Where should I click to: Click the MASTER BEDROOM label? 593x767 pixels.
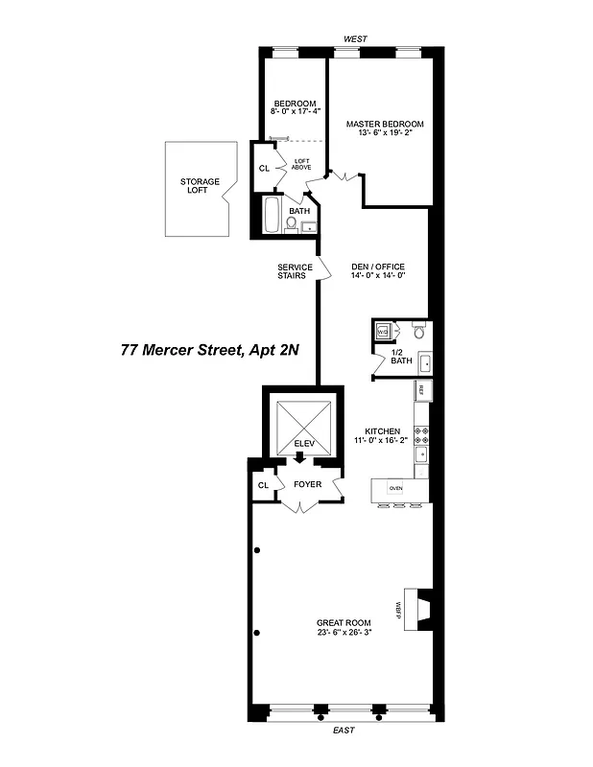(385, 124)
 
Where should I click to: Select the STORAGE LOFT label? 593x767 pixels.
(200, 186)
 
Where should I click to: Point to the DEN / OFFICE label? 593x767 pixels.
(378, 267)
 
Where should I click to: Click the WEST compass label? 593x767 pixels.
(356, 39)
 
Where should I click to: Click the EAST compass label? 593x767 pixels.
(343, 731)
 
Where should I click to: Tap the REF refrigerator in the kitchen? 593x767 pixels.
(421, 390)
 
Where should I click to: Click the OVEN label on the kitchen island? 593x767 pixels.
(395, 488)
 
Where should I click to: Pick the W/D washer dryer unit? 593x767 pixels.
(382, 332)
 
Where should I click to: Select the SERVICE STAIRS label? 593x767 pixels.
(292, 271)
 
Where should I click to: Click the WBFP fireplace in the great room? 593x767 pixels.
(419, 608)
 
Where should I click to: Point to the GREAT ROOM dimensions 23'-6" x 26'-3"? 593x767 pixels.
(344, 633)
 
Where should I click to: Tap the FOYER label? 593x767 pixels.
(307, 484)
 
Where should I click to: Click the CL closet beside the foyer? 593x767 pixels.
(262, 485)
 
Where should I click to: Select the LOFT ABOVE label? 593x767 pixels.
(301, 164)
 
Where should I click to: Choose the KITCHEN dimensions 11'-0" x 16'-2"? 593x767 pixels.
(381, 440)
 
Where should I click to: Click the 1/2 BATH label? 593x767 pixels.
(401, 357)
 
